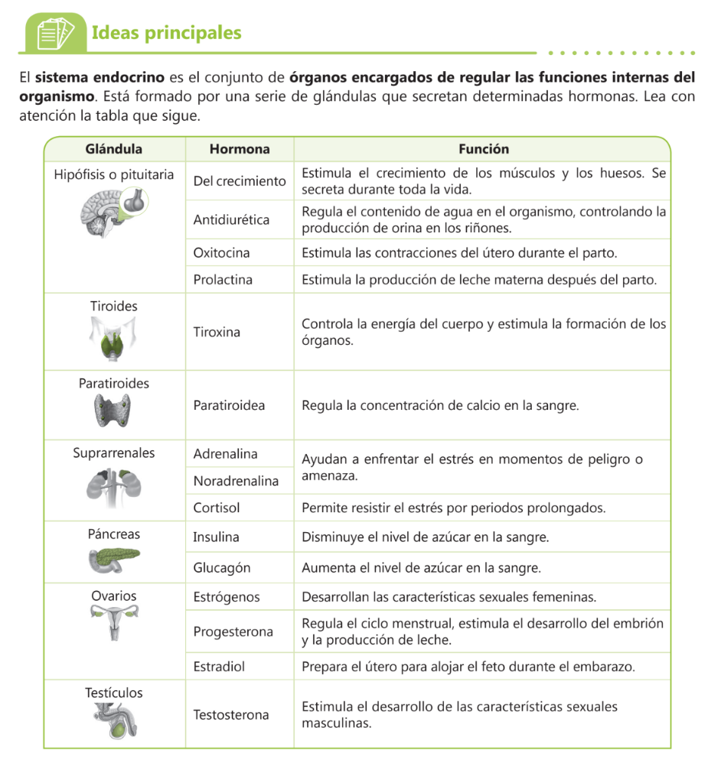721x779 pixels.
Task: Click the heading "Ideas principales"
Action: click(166, 33)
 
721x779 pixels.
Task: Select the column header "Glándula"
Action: click(114, 149)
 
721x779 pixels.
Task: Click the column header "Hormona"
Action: click(240, 149)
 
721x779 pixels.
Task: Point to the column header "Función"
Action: click(483, 149)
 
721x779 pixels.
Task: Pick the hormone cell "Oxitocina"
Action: click(221, 252)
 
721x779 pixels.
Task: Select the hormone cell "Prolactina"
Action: click(223, 280)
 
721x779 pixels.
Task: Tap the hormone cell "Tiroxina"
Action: click(217, 332)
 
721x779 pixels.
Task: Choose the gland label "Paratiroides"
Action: click(114, 383)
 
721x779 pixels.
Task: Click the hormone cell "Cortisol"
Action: click(217, 508)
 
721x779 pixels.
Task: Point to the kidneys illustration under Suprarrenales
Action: click(113, 486)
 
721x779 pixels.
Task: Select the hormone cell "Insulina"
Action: click(216, 537)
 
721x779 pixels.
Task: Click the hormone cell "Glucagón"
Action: click(221, 568)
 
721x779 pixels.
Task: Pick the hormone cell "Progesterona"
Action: click(233, 631)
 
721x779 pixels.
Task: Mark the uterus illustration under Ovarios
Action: click(114, 622)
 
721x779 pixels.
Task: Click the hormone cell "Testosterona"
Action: click(231, 715)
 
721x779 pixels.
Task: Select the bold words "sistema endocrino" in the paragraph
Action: click(100, 78)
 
